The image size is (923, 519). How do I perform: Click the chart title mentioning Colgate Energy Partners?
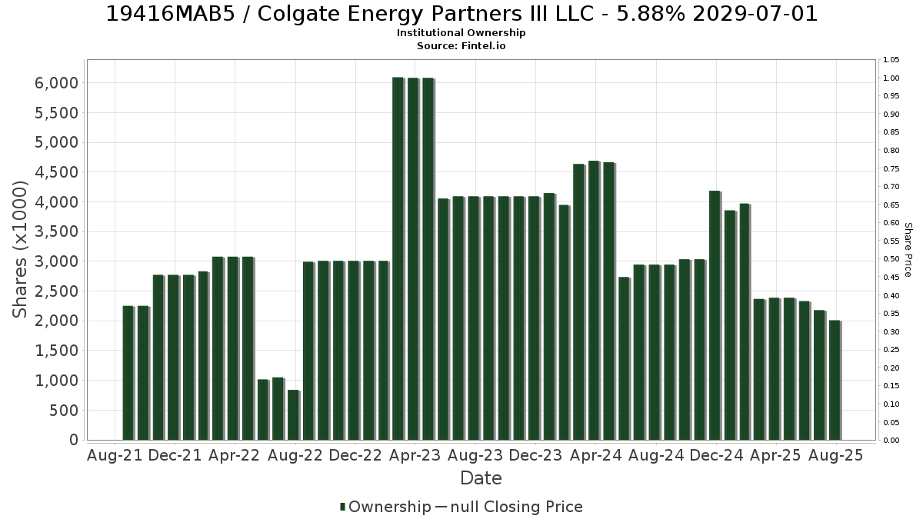[x=461, y=14]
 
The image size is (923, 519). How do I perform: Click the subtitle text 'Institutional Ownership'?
[x=461, y=33]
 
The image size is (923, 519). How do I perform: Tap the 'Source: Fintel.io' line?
[x=461, y=45]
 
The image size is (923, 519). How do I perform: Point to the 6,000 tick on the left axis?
[x=56, y=83]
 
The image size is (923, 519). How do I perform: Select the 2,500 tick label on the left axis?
[x=56, y=291]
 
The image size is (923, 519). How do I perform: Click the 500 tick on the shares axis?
[x=63, y=411]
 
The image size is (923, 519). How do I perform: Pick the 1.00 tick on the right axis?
[x=891, y=78]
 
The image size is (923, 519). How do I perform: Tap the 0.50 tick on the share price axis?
[x=891, y=259]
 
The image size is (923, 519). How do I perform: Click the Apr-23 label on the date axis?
[x=415, y=455]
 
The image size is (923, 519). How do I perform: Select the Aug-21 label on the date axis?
[x=115, y=455]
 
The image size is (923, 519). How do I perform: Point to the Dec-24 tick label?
[x=717, y=455]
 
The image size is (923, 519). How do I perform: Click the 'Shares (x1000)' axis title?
[x=20, y=250]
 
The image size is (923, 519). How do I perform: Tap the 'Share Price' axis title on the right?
[x=908, y=250]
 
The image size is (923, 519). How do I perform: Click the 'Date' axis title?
[x=481, y=478]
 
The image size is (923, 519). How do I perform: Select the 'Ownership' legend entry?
[x=385, y=507]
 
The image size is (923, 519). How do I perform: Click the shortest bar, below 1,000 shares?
[x=294, y=414]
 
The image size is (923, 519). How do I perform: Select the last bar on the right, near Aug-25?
[x=835, y=380]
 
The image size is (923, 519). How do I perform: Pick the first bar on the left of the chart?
[x=128, y=373]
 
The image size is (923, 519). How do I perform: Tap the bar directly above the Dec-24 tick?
[x=715, y=315]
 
